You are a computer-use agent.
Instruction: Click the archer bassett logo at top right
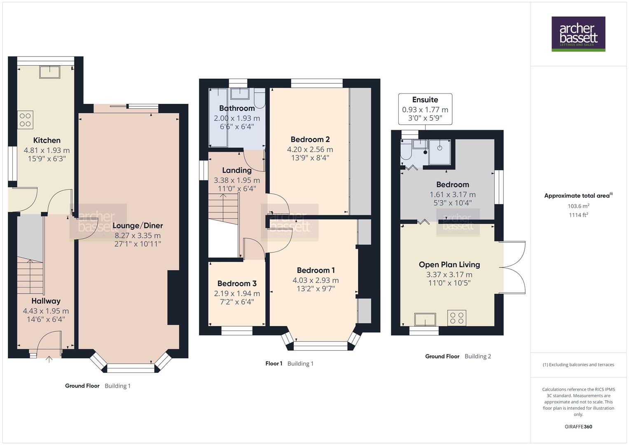(578, 34)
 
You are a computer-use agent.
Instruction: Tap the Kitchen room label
(47, 141)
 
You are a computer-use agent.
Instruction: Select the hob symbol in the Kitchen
(26, 119)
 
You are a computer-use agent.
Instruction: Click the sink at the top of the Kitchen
(50, 72)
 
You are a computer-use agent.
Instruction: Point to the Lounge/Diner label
(138, 225)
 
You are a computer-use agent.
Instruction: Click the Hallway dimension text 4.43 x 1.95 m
(46, 311)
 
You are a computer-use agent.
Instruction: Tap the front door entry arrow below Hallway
(49, 359)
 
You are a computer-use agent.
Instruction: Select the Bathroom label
(237, 108)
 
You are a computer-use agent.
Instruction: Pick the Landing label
(236, 170)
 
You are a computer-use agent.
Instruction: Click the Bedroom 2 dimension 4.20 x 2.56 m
(310, 150)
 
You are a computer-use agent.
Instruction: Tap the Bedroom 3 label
(237, 283)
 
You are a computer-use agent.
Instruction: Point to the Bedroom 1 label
(316, 270)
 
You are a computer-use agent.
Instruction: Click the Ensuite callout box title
(425, 100)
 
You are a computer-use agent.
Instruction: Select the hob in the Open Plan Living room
(457, 318)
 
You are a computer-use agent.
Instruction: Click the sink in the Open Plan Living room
(425, 319)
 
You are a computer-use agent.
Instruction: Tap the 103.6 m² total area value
(578, 206)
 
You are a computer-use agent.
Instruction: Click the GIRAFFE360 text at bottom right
(578, 426)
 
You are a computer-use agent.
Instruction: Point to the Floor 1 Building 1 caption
(289, 363)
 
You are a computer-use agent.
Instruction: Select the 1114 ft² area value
(578, 215)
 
